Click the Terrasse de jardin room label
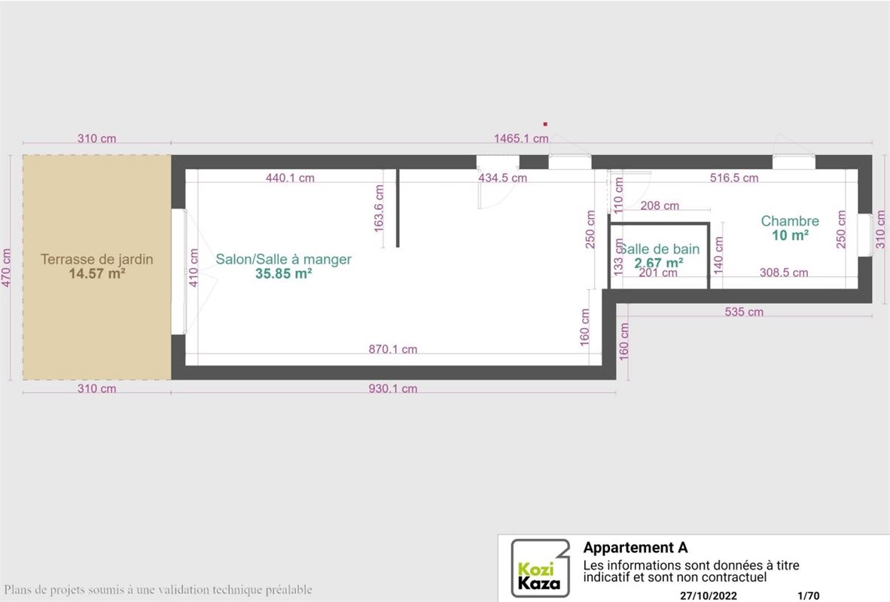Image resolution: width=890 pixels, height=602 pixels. tap(96, 260)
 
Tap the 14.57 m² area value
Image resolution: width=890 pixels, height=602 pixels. tap(97, 273)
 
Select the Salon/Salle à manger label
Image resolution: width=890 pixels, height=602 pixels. tap(283, 260)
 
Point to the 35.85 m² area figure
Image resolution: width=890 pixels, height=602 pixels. tap(283, 273)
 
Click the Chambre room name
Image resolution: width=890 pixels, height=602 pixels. tap(790, 220)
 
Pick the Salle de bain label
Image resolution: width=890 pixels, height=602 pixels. tap(658, 249)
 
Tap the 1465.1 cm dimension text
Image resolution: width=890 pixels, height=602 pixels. tap(521, 138)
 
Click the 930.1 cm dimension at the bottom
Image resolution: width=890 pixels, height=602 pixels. tap(393, 388)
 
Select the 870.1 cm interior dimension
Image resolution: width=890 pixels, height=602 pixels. tap(393, 349)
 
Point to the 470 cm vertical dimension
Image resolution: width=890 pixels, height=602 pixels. tap(6, 268)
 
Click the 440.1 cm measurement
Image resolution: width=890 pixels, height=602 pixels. tap(290, 178)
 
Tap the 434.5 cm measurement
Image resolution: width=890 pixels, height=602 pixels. tap(502, 178)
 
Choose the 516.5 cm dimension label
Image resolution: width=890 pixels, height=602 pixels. tap(734, 178)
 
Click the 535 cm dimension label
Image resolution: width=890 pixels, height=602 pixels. tap(744, 312)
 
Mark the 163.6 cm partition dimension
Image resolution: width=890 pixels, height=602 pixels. tap(379, 208)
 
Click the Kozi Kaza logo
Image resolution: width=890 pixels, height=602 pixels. tap(540, 568)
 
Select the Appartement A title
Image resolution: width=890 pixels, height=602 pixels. tap(635, 548)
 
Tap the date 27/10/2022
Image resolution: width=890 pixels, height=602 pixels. tap(709, 596)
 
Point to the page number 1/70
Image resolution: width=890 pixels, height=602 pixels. tap(808, 596)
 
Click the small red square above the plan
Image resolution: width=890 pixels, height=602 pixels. tap(545, 123)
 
